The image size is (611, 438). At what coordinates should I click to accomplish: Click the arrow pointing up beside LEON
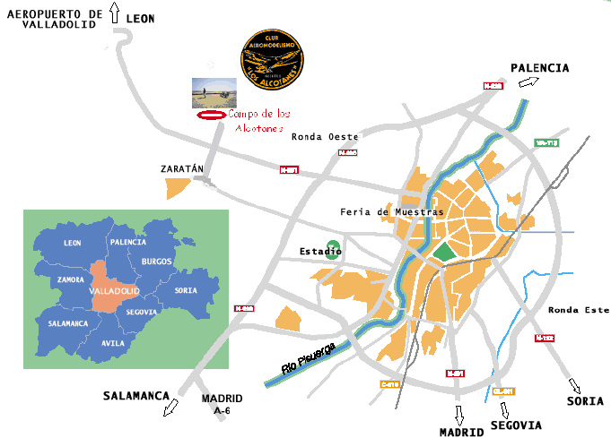113,13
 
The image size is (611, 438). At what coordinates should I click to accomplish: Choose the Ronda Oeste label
325,137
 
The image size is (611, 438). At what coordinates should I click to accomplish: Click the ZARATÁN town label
182,168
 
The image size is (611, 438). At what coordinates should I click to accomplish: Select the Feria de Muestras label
392,212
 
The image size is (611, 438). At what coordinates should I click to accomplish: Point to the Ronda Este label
579,310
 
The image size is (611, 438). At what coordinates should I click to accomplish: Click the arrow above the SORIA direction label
574,386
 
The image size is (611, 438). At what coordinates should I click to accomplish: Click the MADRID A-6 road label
223,404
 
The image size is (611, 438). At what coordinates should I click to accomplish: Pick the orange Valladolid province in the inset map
112,288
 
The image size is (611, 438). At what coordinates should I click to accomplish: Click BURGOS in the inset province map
156,262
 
